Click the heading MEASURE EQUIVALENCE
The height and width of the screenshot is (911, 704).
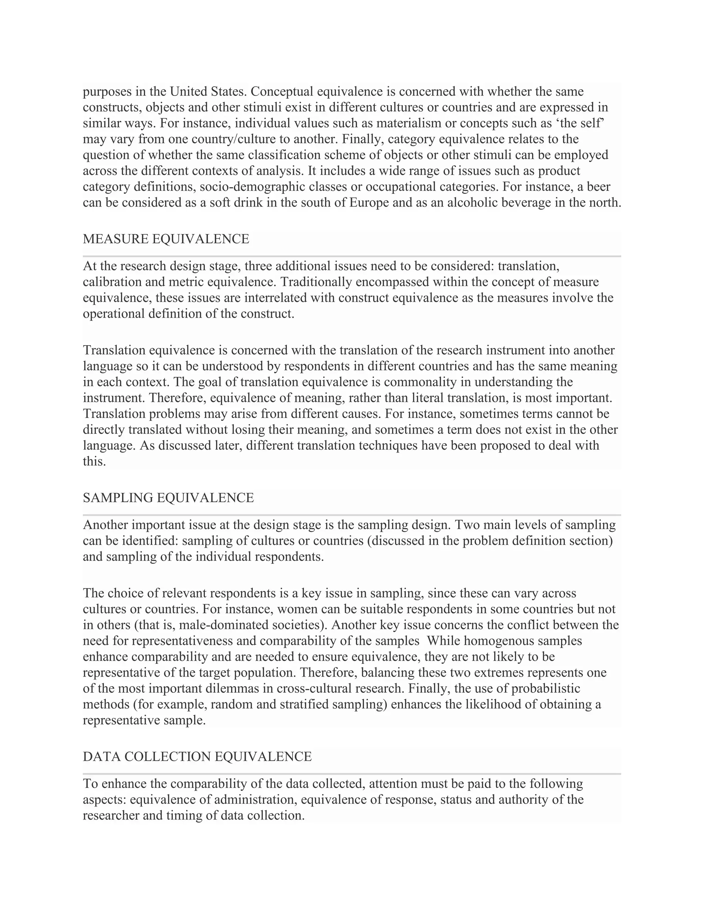(x=166, y=239)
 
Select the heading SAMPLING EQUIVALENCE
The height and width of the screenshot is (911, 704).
(x=168, y=498)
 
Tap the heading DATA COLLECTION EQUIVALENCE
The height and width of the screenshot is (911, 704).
(x=197, y=757)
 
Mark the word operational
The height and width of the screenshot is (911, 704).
(x=113, y=314)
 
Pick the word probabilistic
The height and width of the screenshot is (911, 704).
(x=546, y=688)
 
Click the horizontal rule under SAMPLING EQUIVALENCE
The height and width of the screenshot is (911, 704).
(x=352, y=515)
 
